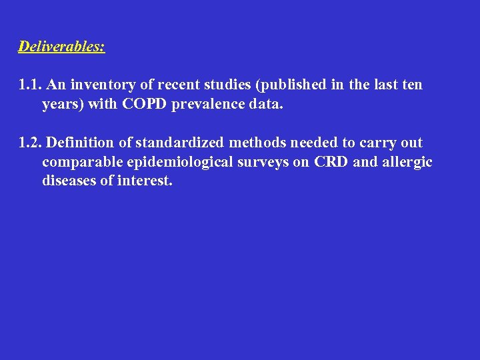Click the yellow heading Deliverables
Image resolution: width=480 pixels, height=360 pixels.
click(x=61, y=47)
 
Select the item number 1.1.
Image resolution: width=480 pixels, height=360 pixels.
click(x=31, y=85)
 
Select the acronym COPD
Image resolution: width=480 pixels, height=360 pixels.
click(x=137, y=105)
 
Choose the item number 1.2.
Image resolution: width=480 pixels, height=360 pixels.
click(x=31, y=143)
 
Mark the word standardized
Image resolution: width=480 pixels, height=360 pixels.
click(x=180, y=143)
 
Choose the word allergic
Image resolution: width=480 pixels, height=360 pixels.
click(x=406, y=162)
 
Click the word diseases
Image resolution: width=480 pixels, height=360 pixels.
click(x=69, y=181)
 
